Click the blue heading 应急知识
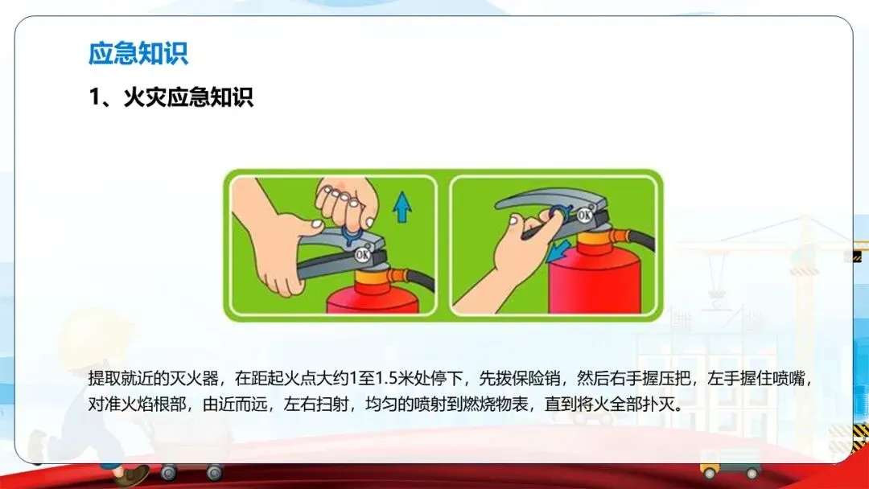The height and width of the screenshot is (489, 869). point(138,54)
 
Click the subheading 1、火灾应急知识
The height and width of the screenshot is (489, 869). point(171,97)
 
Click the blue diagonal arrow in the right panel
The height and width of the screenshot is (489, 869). point(557,252)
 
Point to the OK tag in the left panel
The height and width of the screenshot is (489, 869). point(362,254)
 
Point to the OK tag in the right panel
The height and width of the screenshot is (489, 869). point(584,214)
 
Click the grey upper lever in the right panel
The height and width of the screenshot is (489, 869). point(549,200)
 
